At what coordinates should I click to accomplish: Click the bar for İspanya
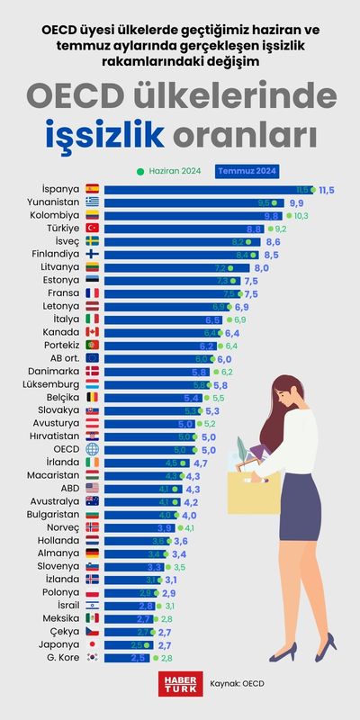pos(207,190)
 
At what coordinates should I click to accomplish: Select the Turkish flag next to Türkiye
pos(93,229)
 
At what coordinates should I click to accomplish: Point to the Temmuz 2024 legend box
pos(247,171)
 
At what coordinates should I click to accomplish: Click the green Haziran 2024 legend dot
pos(140,171)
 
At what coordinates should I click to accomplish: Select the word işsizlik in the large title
pos(105,134)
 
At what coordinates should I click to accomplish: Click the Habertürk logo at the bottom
pos(177,683)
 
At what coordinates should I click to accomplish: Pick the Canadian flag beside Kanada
pos(93,332)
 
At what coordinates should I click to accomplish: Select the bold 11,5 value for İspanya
pos(326,190)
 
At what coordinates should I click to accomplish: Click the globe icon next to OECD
pos(93,449)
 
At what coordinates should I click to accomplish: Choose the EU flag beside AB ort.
pos(93,358)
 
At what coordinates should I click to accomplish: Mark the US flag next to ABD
pos(93,489)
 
